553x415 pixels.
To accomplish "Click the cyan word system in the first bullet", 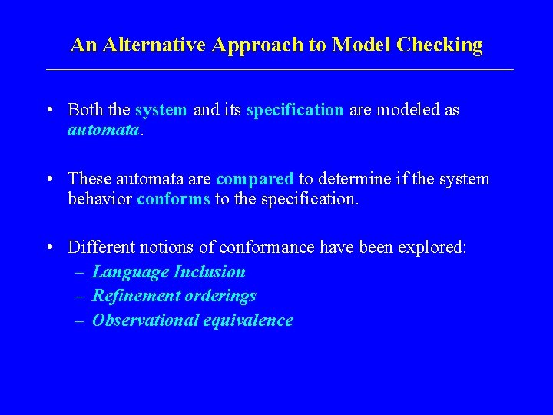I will click(161, 110).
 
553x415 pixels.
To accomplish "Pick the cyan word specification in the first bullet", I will click(295, 110).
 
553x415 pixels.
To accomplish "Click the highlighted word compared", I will click(254, 179).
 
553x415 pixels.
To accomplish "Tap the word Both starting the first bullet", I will click(85, 110).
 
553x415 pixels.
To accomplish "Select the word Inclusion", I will click(210, 272).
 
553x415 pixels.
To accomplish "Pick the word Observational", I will click(142, 320).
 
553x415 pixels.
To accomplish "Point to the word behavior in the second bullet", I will click(100, 199).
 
